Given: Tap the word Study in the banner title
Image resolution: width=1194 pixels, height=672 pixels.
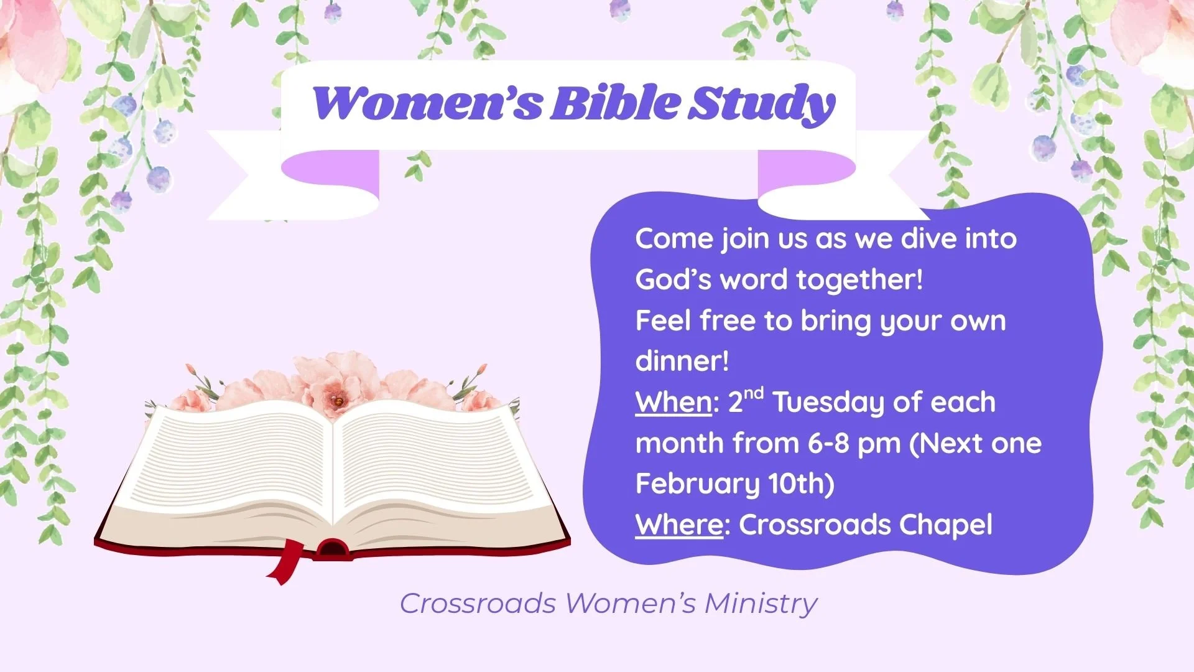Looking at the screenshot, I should [x=762, y=105].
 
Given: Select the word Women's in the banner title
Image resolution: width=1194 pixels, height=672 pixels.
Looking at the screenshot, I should [x=428, y=103].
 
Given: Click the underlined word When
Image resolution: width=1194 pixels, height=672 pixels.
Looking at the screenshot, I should [x=673, y=403].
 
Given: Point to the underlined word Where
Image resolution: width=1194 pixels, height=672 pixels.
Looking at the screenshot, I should [x=679, y=525].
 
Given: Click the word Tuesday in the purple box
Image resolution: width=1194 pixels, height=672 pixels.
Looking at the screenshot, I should [x=829, y=403].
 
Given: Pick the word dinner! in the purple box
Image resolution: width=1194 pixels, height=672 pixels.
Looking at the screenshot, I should [x=682, y=361].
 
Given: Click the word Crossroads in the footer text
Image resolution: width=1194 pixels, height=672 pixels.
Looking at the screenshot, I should [x=478, y=603].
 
